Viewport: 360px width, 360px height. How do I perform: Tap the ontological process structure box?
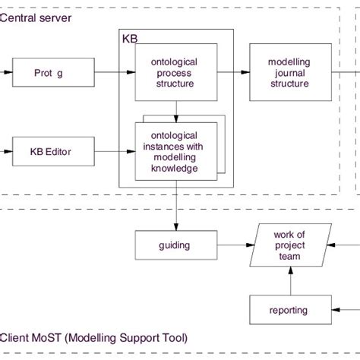[x=176, y=73]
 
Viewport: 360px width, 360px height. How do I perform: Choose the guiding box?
[x=175, y=245]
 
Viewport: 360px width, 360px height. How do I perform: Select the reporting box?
[x=289, y=310]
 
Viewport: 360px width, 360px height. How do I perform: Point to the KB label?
[x=128, y=36]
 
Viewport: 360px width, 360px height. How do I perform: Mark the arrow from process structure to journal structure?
[x=233, y=73]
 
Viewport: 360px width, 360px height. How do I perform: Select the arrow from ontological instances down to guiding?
[x=175, y=206]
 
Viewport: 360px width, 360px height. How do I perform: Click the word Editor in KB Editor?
[x=58, y=152]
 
